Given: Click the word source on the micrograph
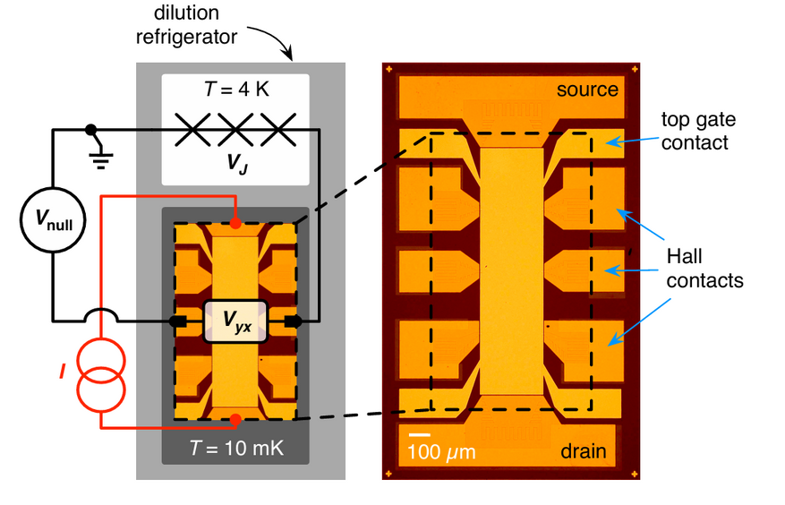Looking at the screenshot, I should click(x=587, y=90).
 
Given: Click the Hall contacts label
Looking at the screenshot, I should click(x=705, y=270).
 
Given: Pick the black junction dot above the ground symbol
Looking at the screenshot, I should click(x=90, y=131).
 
